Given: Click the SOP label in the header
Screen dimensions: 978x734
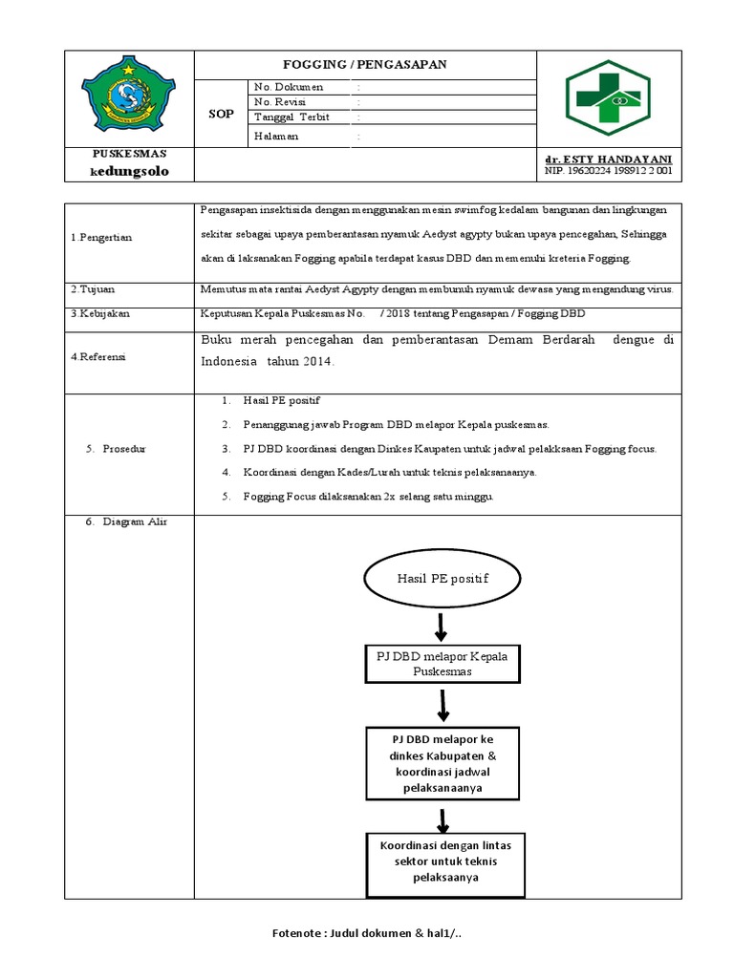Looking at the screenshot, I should [221, 114].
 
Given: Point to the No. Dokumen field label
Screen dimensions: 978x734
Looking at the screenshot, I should [289, 87].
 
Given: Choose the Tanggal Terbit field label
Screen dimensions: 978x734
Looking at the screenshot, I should [291, 117].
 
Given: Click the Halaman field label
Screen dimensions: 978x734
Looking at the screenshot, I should [276, 136].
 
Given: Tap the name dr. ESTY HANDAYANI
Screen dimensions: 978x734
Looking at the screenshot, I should [608, 159].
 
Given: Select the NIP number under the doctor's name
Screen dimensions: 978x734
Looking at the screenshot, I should [608, 171].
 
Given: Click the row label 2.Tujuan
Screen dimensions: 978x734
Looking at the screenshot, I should [90, 289].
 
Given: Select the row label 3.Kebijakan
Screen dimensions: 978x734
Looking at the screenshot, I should [97, 313].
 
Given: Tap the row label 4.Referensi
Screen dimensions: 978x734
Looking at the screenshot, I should [98, 356].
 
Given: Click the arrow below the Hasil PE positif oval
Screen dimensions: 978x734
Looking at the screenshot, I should [441, 627].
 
